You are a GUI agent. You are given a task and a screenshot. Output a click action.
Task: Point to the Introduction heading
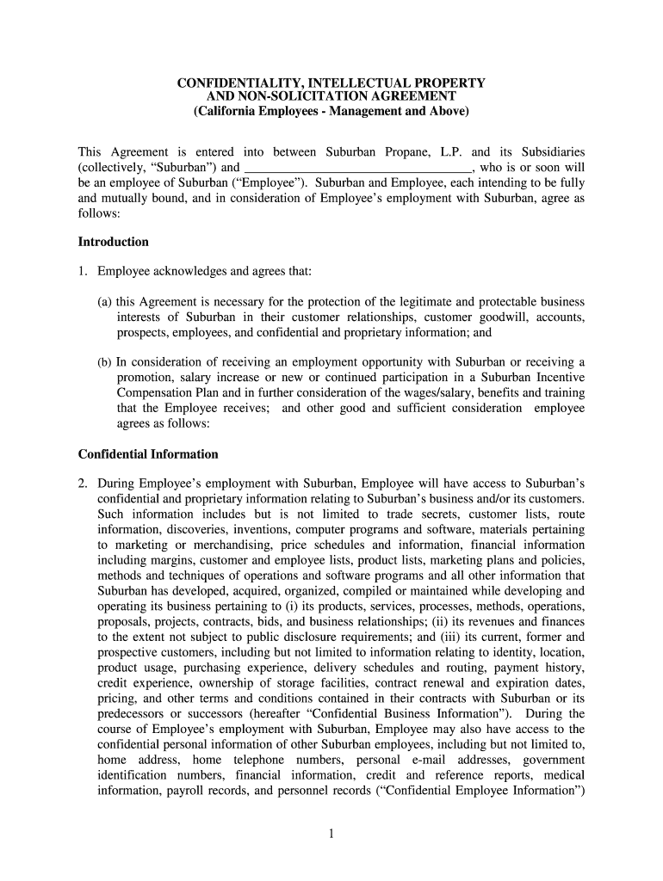113,242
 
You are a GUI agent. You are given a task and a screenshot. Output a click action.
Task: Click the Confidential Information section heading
147,453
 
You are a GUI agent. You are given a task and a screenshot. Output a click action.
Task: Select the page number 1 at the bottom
331,832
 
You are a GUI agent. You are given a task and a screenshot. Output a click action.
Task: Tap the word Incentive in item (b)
558,378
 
